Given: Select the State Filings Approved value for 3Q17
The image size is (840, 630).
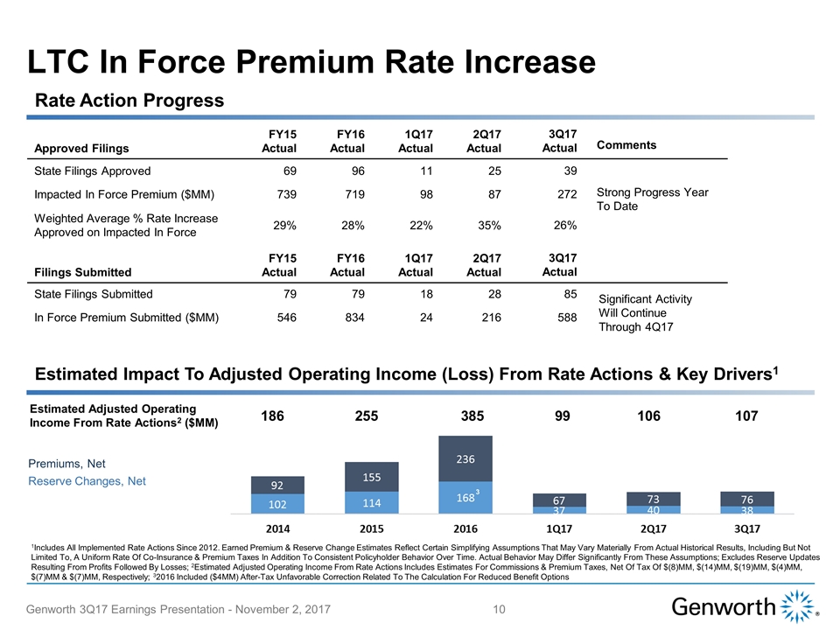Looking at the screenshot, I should pyautogui.click(x=565, y=171).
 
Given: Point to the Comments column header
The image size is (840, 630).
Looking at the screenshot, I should pyautogui.click(x=626, y=145).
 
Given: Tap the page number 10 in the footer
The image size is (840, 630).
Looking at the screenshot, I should pyautogui.click(x=500, y=607).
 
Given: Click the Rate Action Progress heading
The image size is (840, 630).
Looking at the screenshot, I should pyautogui.click(x=129, y=101).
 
